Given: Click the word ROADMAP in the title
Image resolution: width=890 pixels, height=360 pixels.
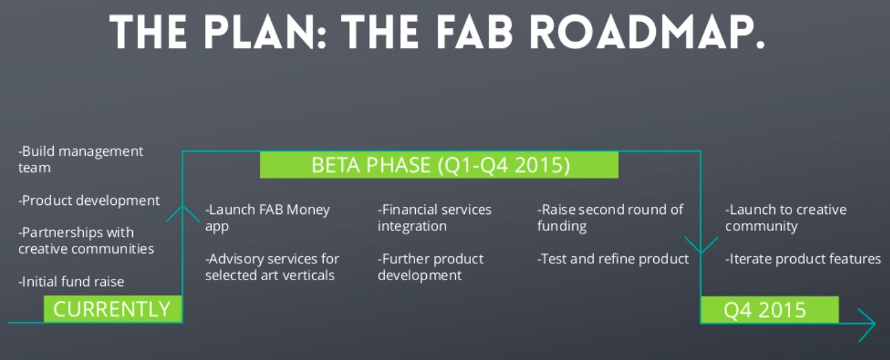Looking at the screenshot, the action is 647,32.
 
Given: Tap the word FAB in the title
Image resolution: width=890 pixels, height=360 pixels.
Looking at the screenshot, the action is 474,32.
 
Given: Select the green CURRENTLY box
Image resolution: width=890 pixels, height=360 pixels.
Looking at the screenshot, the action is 113,309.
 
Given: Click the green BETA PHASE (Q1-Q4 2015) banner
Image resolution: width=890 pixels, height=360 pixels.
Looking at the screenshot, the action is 439,165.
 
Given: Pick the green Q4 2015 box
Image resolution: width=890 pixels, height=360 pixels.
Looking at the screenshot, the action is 769,309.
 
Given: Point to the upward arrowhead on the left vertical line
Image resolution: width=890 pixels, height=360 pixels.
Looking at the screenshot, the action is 183,213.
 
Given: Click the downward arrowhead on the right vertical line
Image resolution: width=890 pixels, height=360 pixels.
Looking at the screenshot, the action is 701,245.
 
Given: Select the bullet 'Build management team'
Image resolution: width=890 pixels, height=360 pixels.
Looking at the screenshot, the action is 80,160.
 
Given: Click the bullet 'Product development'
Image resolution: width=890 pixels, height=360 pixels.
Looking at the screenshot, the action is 89,200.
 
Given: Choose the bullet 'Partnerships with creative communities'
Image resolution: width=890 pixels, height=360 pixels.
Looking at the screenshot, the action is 86,241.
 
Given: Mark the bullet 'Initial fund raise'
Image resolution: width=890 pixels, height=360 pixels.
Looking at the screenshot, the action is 71,282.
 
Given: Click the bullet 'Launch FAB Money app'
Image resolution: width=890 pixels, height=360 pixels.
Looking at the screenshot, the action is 267,218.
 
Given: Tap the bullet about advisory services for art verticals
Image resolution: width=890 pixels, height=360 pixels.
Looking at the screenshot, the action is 272,267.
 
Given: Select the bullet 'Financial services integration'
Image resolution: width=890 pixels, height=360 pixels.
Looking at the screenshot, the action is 435,218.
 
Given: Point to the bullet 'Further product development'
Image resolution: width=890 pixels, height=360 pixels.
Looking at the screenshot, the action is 431,267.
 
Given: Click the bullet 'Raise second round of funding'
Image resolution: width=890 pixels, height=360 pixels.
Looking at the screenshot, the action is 610,218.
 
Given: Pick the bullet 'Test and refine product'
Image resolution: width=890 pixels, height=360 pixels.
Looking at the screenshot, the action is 613,259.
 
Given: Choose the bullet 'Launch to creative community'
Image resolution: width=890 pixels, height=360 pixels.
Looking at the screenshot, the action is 786,218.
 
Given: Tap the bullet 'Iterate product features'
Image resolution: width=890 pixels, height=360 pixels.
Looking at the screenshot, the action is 803,259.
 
